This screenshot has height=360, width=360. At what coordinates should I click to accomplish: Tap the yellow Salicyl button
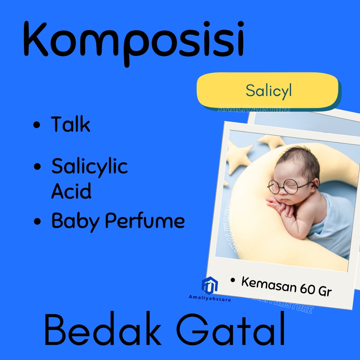268,90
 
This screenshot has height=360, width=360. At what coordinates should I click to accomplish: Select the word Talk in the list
70,124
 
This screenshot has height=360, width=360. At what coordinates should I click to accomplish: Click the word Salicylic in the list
90,167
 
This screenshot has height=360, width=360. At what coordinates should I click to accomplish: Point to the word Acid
71,191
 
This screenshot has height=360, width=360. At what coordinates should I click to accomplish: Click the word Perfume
145,220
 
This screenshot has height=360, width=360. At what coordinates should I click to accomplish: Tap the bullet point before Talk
37,126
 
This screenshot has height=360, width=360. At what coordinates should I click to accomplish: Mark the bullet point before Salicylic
37,167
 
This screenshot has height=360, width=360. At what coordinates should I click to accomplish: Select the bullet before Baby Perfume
37,222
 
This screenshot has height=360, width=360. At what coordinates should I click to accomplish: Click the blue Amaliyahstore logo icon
210,285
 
